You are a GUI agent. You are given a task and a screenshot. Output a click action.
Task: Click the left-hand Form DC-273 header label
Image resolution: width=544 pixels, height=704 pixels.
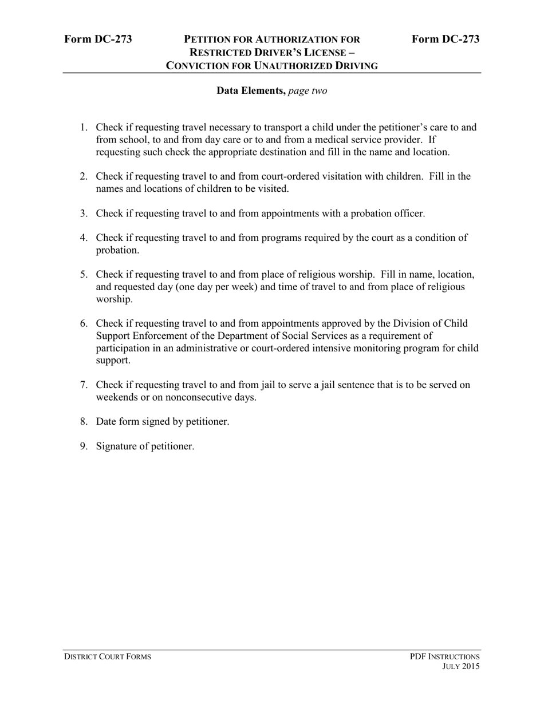pos(98,39)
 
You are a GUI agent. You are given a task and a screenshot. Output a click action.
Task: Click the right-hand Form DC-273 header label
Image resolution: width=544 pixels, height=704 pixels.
pos(446,39)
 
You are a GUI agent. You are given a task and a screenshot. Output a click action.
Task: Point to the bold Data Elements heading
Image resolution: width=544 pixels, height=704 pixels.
pos(251,91)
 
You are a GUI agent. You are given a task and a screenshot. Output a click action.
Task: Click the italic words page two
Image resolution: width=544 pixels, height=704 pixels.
pos(308,91)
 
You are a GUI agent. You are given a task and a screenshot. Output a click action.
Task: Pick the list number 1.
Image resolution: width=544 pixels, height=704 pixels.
pos(83,127)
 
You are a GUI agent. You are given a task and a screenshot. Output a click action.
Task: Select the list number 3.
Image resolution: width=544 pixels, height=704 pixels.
pos(83,213)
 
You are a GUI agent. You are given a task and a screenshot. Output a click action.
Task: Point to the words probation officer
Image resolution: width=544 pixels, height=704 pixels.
pos(388,213)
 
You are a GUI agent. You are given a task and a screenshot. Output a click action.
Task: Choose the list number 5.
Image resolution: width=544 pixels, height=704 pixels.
pos(83,274)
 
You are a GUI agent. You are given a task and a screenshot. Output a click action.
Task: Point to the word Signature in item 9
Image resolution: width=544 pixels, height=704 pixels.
pos(117,446)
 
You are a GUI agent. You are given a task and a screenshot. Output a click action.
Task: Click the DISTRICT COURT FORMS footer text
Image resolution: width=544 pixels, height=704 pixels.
pos(108,656)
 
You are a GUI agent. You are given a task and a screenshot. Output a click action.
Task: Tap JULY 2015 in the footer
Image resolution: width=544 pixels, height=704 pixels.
pos(461,667)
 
